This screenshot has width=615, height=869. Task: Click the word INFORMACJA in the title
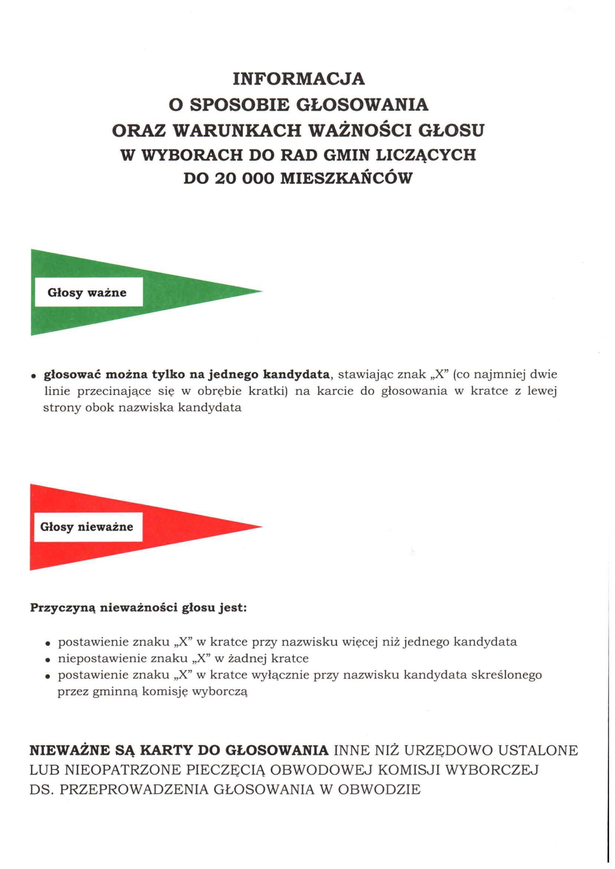[299, 79]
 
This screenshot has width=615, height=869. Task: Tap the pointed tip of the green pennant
[261, 291]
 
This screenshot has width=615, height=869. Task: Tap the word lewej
[542, 391]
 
